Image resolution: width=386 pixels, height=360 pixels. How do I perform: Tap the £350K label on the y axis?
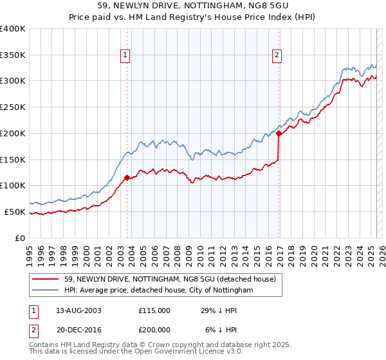[13, 55]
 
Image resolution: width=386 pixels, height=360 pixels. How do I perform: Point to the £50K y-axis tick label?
[15, 212]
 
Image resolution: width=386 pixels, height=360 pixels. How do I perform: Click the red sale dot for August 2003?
[127, 177]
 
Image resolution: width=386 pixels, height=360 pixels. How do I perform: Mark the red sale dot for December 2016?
[279, 134]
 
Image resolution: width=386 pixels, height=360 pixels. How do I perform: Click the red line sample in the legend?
[46, 279]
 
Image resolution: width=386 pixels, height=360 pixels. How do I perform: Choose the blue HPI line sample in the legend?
[46, 291]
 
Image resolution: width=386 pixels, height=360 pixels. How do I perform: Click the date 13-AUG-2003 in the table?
[78, 310]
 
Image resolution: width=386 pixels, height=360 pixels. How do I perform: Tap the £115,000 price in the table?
[154, 310]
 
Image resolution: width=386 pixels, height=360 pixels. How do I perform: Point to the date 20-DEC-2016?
[78, 329]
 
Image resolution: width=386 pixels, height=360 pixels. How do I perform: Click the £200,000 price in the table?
[154, 329]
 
